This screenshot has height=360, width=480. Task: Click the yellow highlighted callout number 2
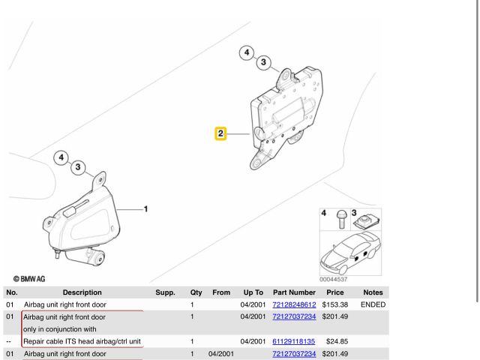220,133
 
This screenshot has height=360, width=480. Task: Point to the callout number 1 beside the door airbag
145,209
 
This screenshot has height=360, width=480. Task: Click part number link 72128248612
294,304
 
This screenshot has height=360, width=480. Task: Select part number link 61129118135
293,341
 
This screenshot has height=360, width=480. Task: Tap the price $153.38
335,304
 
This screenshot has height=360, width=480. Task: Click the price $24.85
337,341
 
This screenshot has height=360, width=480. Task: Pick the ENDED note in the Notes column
373,304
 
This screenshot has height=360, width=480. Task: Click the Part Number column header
294,292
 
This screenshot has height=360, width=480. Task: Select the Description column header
82,292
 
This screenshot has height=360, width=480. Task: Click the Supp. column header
165,292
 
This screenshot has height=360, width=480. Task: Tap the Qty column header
196,292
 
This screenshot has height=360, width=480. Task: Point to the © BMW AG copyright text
29,279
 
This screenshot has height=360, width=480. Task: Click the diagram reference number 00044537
333,279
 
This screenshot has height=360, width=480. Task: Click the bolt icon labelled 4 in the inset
341,219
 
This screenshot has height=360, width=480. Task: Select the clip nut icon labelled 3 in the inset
367,220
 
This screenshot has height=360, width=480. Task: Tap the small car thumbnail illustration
350,253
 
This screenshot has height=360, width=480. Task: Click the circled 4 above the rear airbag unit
247,52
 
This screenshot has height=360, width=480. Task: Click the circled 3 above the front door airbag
78,167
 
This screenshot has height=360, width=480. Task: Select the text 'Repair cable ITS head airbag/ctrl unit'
82,341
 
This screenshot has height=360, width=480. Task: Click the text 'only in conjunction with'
60,329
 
